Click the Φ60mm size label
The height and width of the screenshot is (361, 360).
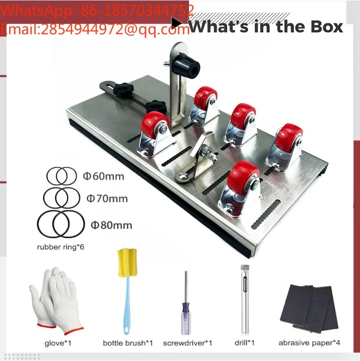pyautogui.click(x=103, y=176)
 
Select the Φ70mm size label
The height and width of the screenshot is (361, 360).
pyautogui.click(x=107, y=199)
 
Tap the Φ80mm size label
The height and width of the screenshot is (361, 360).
pyautogui.click(x=112, y=225)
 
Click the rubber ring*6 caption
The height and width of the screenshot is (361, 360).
pyautogui.click(x=61, y=247)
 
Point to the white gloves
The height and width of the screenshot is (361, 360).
pyautogui.click(x=55, y=302)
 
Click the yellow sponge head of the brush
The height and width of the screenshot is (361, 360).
pyautogui.click(x=127, y=262)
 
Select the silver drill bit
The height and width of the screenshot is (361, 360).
pyautogui.click(x=245, y=299)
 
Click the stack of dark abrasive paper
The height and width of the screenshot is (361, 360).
pyautogui.click(x=309, y=308)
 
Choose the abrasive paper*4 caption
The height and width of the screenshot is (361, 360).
pyautogui.click(x=309, y=343)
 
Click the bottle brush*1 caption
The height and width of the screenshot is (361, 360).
pyautogui.click(x=128, y=343)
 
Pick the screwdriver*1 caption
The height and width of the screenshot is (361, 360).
pyautogui.click(x=187, y=343)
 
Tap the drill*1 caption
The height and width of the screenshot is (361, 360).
pyautogui.click(x=244, y=343)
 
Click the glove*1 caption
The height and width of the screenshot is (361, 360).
pyautogui.click(x=58, y=343)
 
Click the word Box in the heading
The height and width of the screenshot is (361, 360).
pyautogui.click(x=327, y=27)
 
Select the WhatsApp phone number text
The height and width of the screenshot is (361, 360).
pyautogui.click(x=137, y=10)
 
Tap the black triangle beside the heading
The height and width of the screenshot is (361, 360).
pyautogui.click(x=176, y=23)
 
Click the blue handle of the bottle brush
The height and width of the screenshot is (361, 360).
pyautogui.click(x=127, y=306)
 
